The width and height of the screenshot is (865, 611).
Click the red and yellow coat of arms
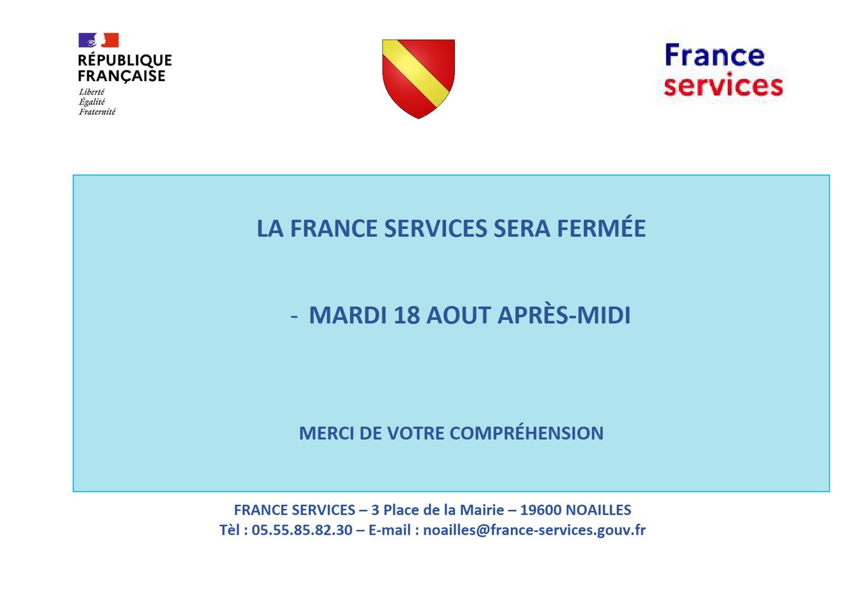418,79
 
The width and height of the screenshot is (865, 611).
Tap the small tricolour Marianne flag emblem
99,40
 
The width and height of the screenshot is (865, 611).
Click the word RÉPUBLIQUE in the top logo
125,60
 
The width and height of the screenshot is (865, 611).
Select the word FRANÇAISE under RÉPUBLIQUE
122,76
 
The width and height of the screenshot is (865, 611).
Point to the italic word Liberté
91,92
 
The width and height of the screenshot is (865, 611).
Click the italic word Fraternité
97,112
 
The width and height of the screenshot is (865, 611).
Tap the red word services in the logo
723,86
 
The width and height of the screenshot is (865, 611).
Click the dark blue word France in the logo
714,55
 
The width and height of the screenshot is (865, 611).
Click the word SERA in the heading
522,228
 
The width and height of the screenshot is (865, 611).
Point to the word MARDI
348,315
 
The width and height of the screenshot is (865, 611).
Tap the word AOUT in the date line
458,315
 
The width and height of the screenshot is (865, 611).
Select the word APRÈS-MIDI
564,315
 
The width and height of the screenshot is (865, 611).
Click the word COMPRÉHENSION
526,433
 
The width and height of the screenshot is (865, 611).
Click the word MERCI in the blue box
326,433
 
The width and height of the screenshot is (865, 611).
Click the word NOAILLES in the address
598,510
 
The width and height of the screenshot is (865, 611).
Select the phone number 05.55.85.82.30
302,530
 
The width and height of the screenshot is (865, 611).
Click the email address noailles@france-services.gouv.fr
535,531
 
